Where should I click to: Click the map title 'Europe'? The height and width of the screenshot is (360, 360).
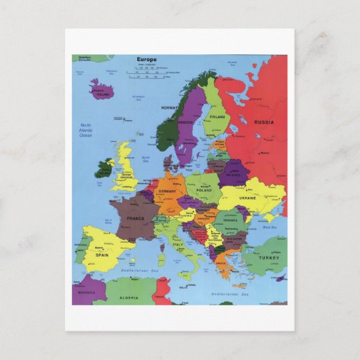[146, 60]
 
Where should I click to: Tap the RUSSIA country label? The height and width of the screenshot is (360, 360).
[264, 122]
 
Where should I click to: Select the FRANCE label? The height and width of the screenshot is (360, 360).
[134, 219]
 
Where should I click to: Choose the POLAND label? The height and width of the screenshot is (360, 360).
[203, 192]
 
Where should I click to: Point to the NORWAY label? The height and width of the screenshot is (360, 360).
[169, 107]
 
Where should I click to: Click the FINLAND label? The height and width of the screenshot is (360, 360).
[217, 116]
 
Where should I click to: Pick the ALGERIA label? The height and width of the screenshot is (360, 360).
[128, 297]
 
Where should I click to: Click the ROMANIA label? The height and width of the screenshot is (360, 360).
[230, 221]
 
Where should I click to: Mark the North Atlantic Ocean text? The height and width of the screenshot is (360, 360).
[86, 130]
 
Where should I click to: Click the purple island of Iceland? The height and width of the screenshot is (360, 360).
[102, 90]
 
